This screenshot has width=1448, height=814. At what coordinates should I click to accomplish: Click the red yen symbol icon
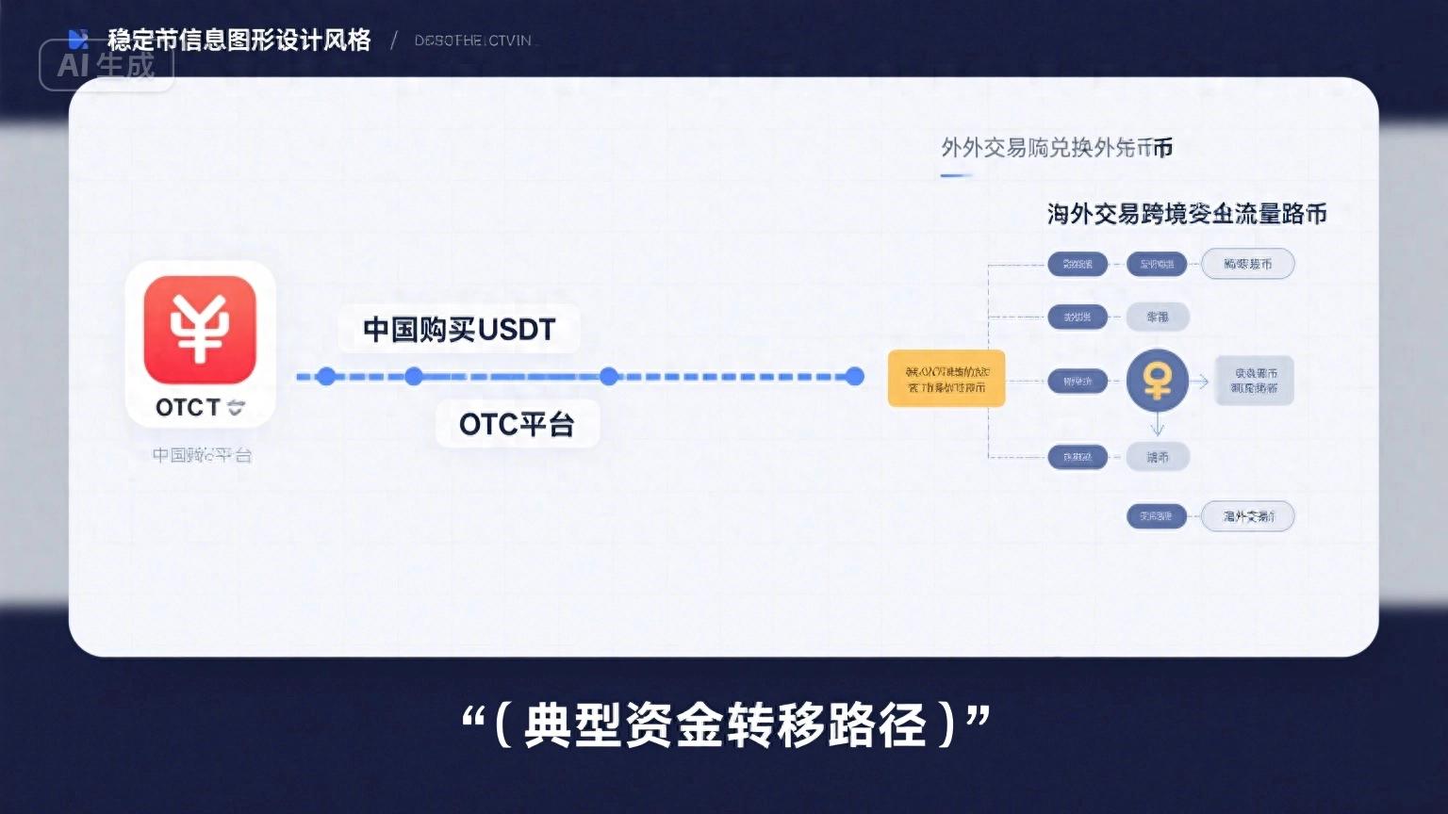click(200, 330)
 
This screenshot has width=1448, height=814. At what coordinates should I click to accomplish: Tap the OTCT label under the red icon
click(199, 408)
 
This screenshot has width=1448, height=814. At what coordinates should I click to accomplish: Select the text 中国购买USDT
click(459, 330)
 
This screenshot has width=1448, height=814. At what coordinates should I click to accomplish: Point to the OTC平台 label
click(517, 425)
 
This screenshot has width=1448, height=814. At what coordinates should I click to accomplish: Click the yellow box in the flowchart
click(946, 379)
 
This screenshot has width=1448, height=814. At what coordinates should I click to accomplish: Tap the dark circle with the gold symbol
click(1158, 381)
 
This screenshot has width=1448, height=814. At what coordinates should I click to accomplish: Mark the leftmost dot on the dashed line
click(326, 377)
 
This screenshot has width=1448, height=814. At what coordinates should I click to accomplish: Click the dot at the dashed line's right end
click(855, 377)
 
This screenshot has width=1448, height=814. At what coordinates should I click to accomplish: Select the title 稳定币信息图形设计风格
click(239, 41)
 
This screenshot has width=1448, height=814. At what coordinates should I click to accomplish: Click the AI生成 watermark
click(106, 65)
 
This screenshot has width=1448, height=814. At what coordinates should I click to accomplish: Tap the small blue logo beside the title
click(78, 40)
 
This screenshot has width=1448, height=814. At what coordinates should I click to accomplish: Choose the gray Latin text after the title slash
click(473, 41)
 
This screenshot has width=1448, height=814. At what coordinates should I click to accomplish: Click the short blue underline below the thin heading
click(956, 175)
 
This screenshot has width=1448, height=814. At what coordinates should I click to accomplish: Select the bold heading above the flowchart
click(1187, 215)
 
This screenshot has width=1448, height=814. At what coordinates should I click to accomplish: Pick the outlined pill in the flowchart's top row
click(1247, 264)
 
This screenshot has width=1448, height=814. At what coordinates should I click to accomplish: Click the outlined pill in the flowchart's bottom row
click(1247, 516)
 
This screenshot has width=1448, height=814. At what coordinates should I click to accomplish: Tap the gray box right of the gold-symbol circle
click(1254, 381)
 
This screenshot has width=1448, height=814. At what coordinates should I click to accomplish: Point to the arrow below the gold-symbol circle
click(1158, 428)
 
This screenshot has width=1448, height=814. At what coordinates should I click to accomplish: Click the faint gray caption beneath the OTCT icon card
click(202, 456)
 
